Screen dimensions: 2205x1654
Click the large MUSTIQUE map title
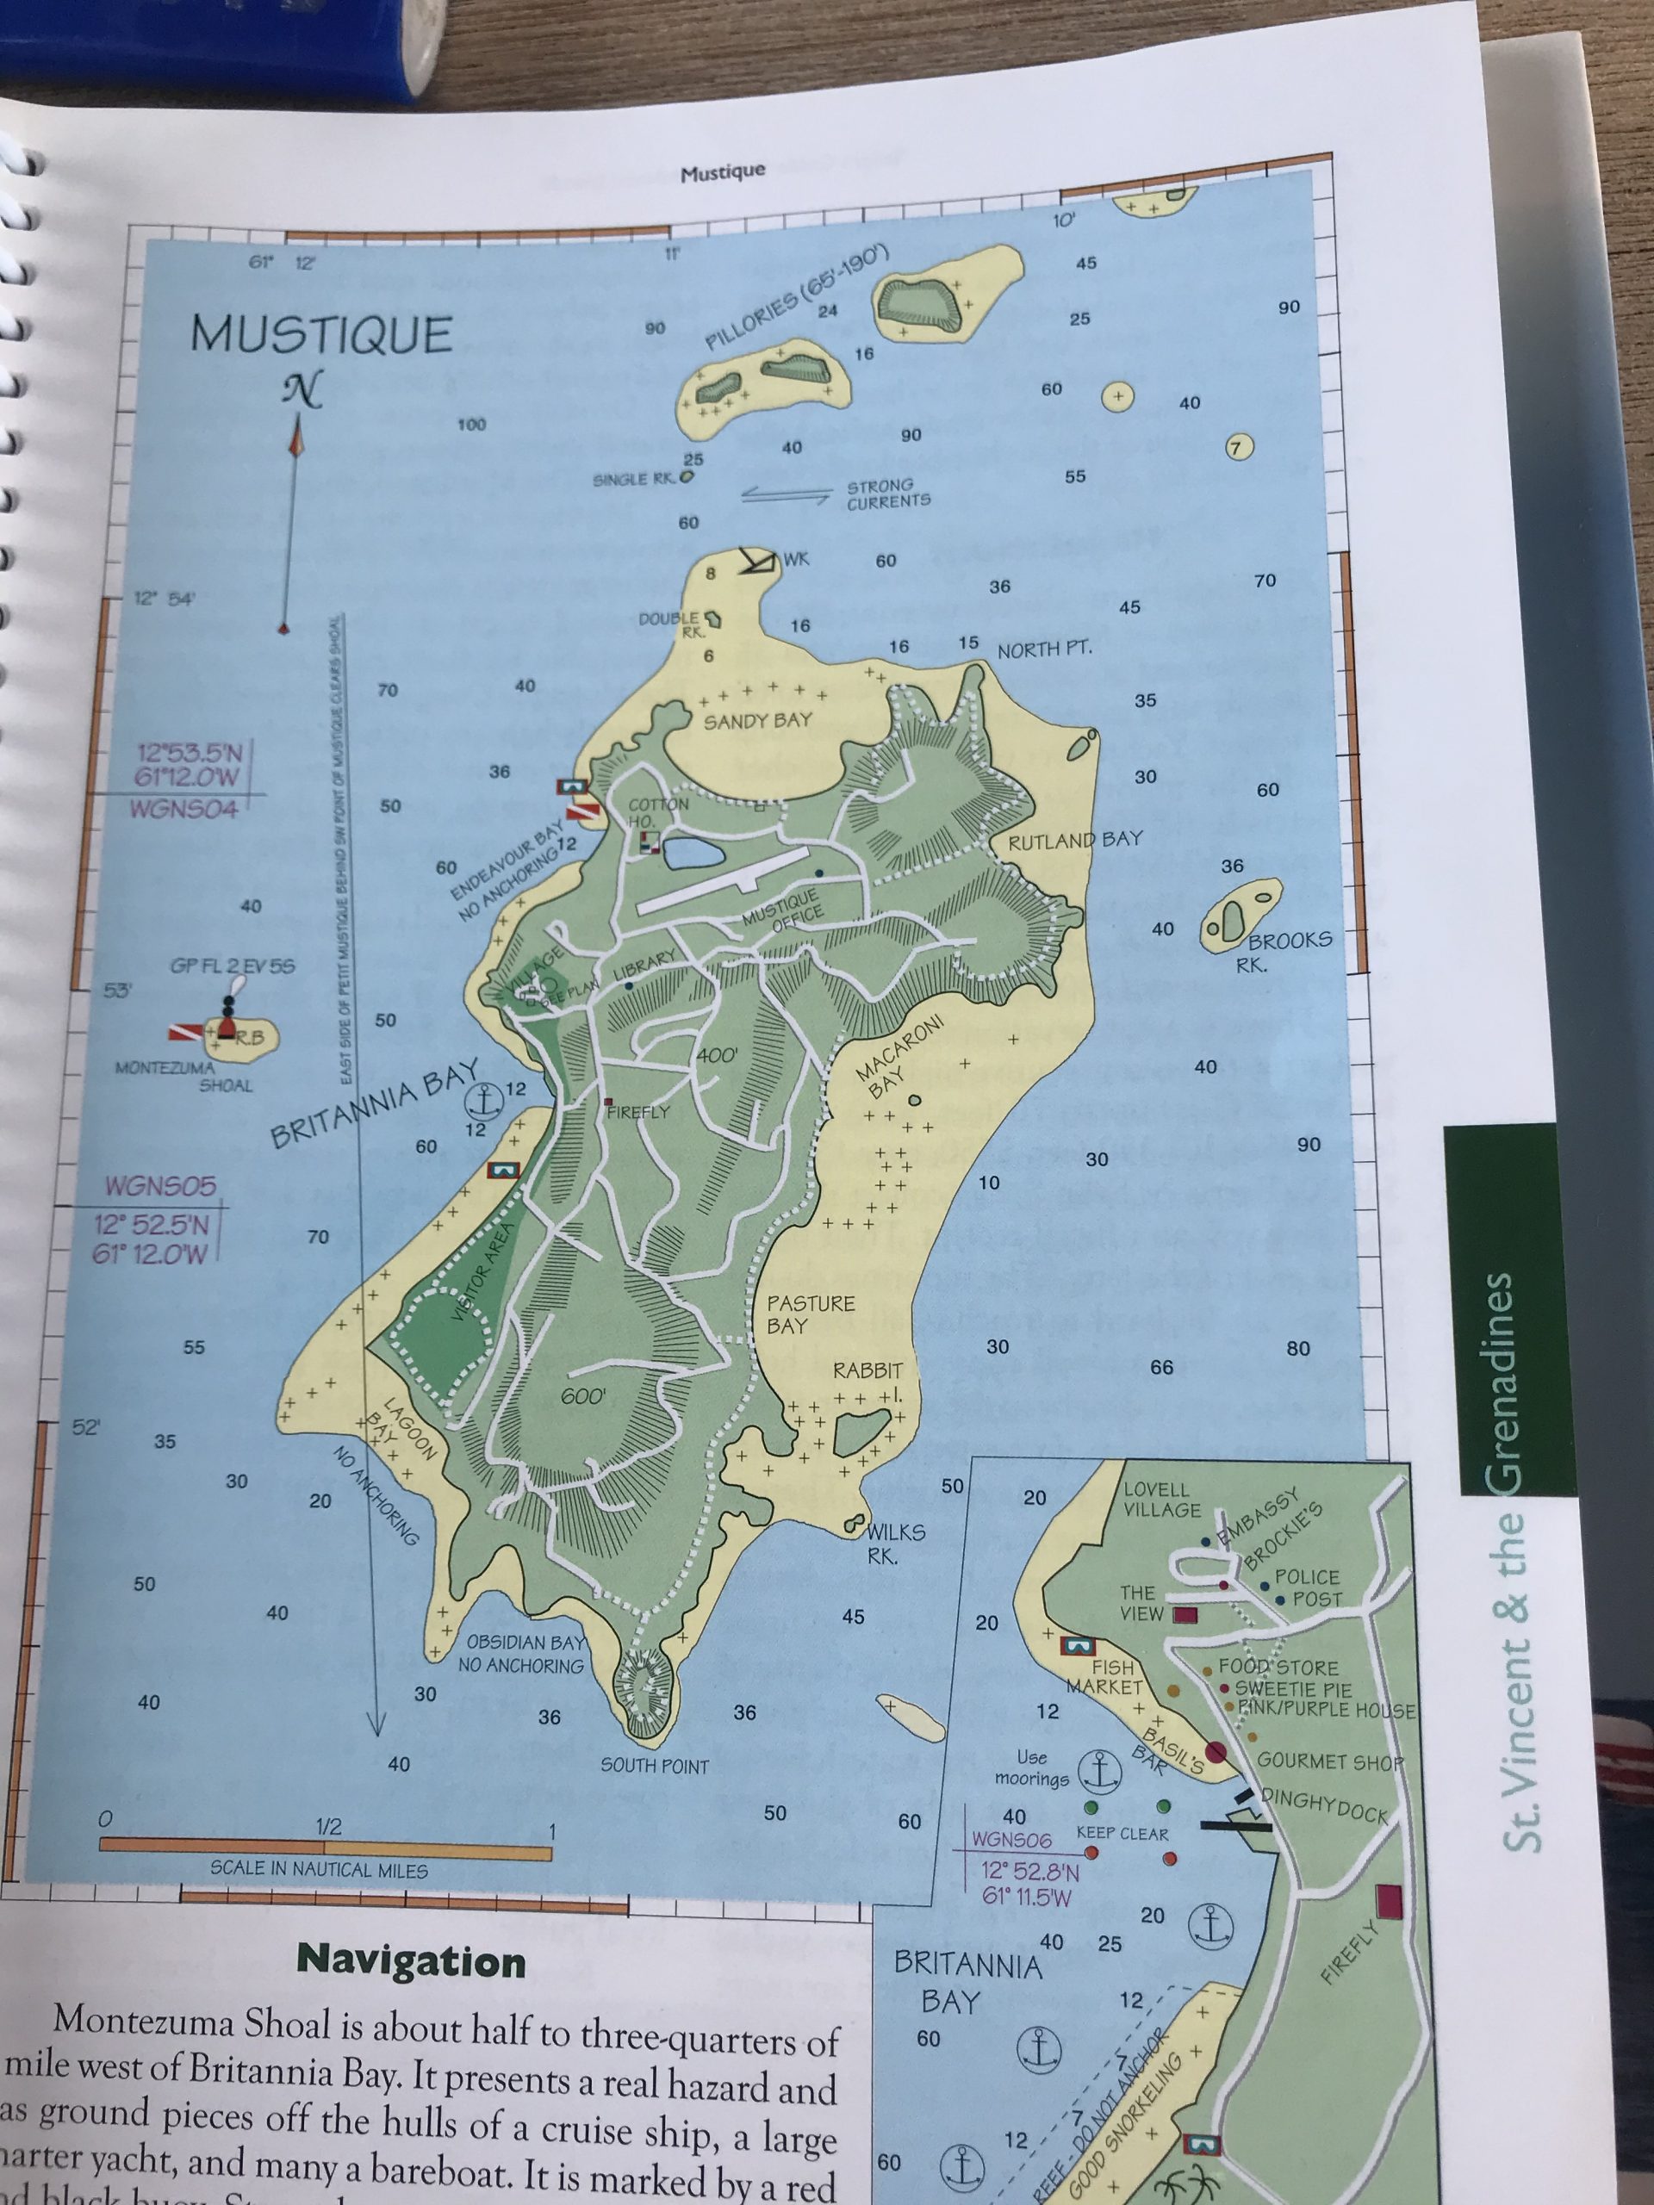[321, 334]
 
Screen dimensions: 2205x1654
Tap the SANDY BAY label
[758, 720]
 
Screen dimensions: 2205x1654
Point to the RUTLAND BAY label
[1075, 839]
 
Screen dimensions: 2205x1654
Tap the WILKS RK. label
[893, 1543]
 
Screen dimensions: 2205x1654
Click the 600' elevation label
[582, 1396]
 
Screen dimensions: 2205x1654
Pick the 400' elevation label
[716, 1053]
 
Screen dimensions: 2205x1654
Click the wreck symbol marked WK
[758, 562]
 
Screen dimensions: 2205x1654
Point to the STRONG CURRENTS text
[887, 494]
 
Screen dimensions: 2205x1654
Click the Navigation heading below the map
[411, 1960]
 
